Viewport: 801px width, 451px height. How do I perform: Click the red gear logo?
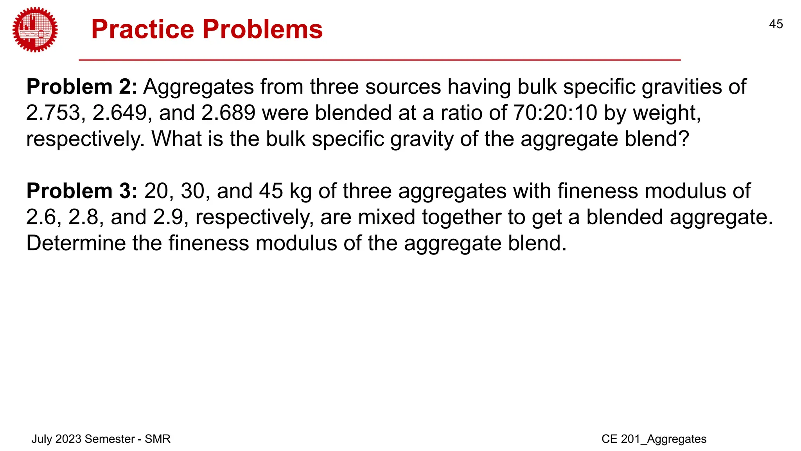tap(35, 30)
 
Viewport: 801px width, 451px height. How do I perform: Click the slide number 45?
tap(776, 24)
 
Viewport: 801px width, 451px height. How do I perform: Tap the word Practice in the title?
tap(142, 29)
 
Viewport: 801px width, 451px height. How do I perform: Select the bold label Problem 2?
tap(82, 87)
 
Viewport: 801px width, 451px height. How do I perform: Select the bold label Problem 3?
tap(82, 191)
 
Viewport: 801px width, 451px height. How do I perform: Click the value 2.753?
tap(53, 113)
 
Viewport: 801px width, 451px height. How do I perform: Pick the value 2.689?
tap(228, 113)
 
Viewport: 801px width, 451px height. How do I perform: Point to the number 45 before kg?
tap(271, 191)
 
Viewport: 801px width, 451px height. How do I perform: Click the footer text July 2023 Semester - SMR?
tap(101, 439)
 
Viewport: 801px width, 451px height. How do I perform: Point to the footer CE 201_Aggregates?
tap(654, 439)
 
